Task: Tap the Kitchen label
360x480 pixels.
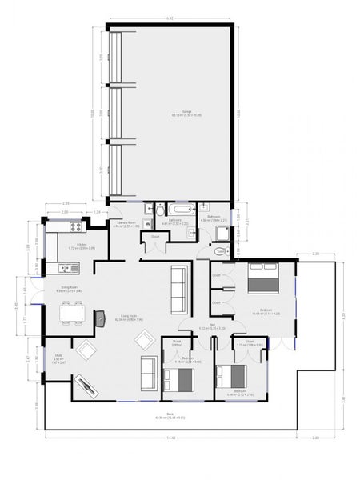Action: tap(81, 245)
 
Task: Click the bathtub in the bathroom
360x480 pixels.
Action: tap(175, 210)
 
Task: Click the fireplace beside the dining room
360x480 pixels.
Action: tap(101, 318)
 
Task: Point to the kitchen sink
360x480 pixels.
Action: tap(63, 268)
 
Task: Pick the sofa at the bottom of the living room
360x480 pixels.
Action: tap(148, 369)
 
